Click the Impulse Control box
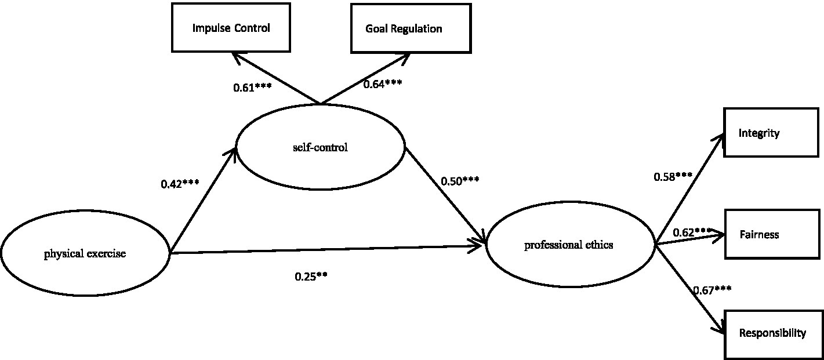coord(231,28)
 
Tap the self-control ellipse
coord(320,147)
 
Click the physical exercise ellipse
coord(85,253)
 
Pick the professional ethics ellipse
coord(569,245)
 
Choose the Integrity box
coord(773,133)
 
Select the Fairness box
coord(773,235)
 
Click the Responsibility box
coord(773,333)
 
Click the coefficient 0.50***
coord(460,180)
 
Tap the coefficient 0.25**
coord(311,277)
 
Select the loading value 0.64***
coord(383,83)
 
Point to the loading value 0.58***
coord(673,177)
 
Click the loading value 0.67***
coord(712,289)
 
